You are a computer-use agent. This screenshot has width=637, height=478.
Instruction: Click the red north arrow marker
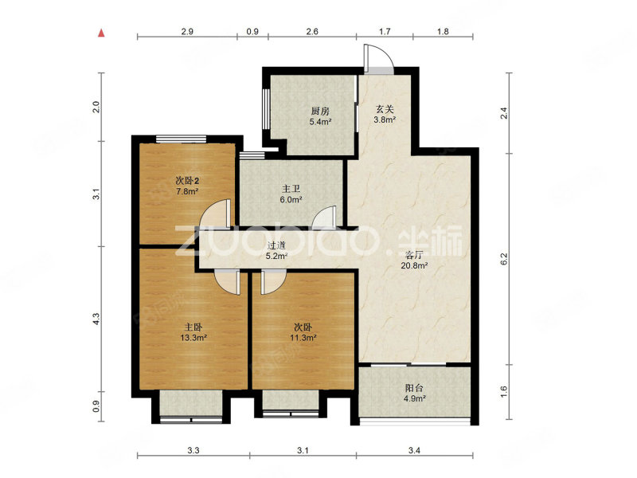coord(101,33)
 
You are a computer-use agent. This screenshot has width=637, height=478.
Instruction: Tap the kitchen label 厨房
coord(320,111)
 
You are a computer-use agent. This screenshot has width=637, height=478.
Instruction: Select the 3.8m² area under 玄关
coord(385,119)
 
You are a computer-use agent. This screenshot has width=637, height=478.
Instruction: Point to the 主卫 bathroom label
coord(291,189)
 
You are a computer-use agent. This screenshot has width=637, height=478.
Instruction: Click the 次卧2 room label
coord(187,181)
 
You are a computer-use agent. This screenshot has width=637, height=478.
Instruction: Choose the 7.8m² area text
coord(187,191)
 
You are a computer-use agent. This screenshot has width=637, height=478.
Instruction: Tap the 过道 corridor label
coord(276,245)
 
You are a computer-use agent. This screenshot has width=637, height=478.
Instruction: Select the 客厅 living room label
coord(414,255)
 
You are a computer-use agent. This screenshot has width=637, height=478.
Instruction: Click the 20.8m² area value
coord(414,266)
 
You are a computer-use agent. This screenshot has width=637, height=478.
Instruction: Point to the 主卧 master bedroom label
coord(193,327)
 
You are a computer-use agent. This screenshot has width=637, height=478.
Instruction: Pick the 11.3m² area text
coord(303,337)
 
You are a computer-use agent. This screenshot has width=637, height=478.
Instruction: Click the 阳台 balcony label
coord(414,388)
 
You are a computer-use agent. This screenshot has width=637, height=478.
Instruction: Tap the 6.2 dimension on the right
coord(504,258)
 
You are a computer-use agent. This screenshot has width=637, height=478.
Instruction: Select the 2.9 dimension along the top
coord(187,31)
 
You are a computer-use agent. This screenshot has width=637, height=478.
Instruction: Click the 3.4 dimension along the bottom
coord(414,450)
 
